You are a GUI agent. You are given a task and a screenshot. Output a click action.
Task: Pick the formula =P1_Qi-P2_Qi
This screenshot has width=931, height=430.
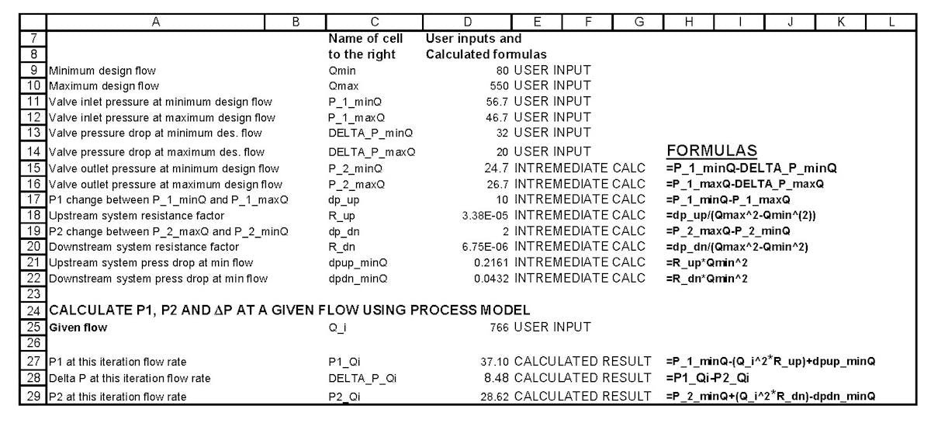coord(708,378)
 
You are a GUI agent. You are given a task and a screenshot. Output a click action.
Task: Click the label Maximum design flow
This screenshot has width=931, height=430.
coord(104,85)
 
